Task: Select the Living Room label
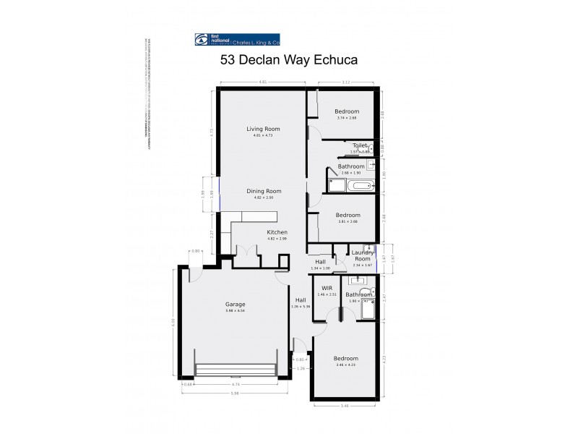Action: (262, 129)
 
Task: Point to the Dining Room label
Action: (263, 191)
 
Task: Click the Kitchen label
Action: (277, 232)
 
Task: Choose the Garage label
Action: (235, 305)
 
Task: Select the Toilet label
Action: (360, 145)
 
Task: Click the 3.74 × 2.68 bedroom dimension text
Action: (347, 118)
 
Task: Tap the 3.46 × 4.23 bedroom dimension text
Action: (346, 365)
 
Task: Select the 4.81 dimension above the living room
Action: (263, 82)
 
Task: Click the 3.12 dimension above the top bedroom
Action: (346, 82)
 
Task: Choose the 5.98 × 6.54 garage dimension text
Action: (235, 311)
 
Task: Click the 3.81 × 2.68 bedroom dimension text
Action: (348, 221)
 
